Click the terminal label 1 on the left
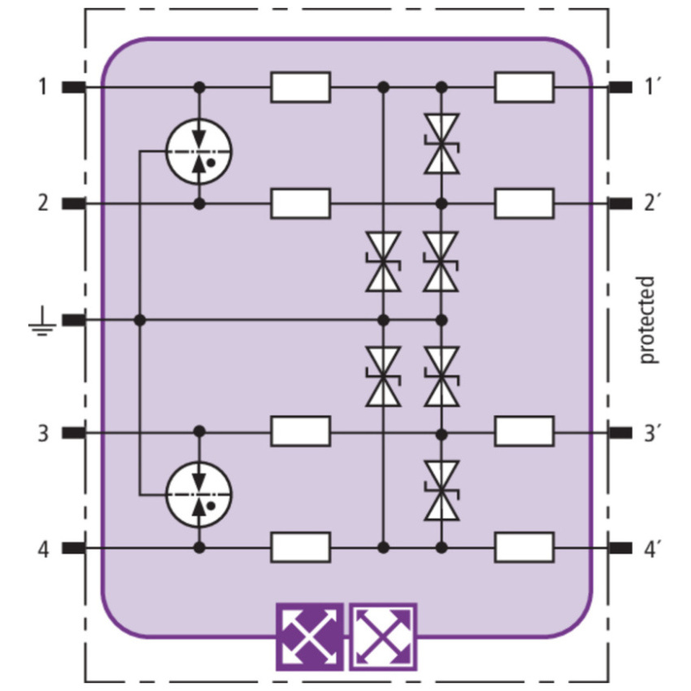pos(43,87)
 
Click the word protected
pos(646,320)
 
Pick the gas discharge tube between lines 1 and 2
pos(198,151)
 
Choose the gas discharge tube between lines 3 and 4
pos(198,494)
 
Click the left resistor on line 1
pos(301,87)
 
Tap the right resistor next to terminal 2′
pos(524,203)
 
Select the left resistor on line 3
pos(301,432)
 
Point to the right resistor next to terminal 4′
pos(524,547)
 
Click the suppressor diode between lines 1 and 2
pos(441,144)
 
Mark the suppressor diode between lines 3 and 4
pos(441,490)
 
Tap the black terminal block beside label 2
pos(73,203)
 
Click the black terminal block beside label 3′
pos(620,432)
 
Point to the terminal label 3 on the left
pos(43,433)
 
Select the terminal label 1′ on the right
pos(650,87)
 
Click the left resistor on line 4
pos(301,547)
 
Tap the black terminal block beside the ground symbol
pos(73,320)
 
